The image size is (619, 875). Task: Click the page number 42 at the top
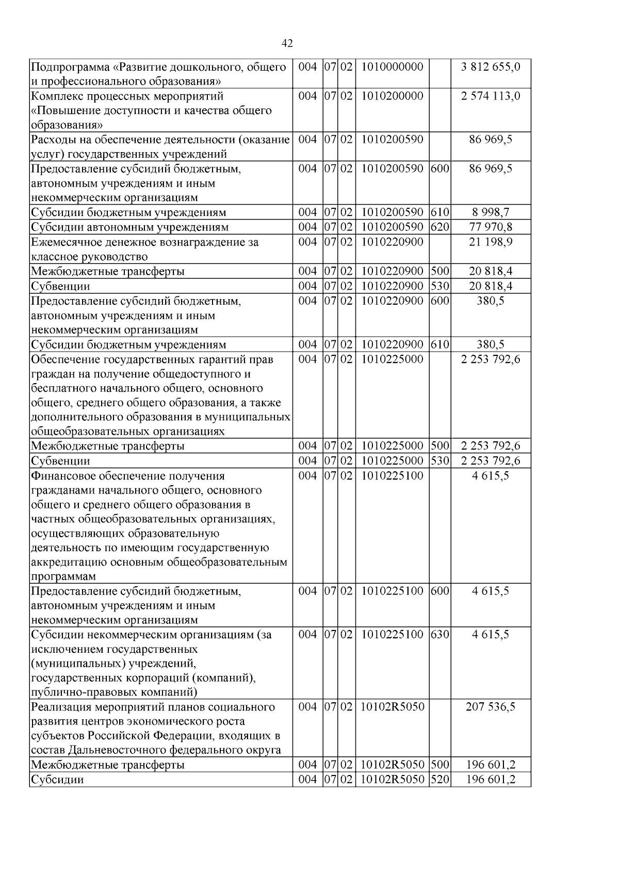point(288,43)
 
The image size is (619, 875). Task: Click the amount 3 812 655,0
point(491,67)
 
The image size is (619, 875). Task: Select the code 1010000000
point(392,67)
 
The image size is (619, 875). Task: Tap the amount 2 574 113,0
point(491,96)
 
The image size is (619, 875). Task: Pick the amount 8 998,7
point(491,212)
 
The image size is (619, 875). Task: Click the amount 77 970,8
point(491,227)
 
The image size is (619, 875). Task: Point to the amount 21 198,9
point(491,242)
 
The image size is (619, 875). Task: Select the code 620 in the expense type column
point(439,227)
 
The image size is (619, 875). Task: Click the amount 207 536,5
point(491,706)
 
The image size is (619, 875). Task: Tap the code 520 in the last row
point(439,780)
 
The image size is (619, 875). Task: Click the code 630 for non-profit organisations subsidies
point(439,634)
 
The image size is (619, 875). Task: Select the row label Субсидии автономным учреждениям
point(129,227)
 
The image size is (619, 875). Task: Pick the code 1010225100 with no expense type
point(392,475)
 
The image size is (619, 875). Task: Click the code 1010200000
point(392,96)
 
